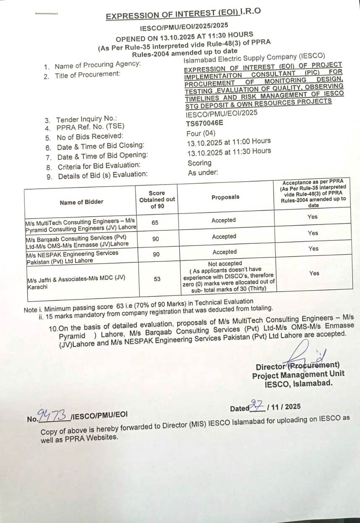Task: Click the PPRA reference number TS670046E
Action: click(205, 124)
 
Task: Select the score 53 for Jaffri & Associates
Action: click(157, 278)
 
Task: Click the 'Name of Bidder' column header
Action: click(81, 202)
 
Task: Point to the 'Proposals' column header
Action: click(225, 197)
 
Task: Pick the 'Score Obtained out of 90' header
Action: click(157, 199)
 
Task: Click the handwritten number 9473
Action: click(54, 415)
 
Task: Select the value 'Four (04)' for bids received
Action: click(201, 133)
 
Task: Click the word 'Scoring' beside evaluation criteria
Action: click(200, 163)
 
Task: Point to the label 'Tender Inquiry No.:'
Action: click(87, 119)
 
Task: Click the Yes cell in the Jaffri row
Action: click(314, 273)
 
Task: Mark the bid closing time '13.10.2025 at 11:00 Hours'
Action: click(229, 142)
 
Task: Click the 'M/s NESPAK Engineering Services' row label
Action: click(72, 253)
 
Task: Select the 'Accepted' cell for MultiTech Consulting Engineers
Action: click(224, 220)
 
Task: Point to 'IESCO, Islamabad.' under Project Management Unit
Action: click(299, 383)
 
